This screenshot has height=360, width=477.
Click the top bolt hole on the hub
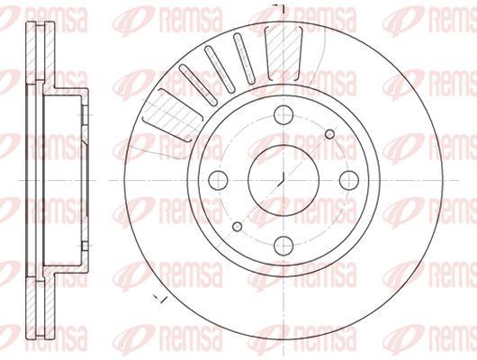(x=283, y=113)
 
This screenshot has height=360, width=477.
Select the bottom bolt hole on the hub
(x=283, y=243)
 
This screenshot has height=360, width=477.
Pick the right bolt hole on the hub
(x=348, y=178)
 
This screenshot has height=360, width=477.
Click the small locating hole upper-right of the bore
(x=329, y=134)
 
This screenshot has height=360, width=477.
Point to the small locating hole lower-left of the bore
(x=238, y=225)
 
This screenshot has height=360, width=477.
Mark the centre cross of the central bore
(x=283, y=178)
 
